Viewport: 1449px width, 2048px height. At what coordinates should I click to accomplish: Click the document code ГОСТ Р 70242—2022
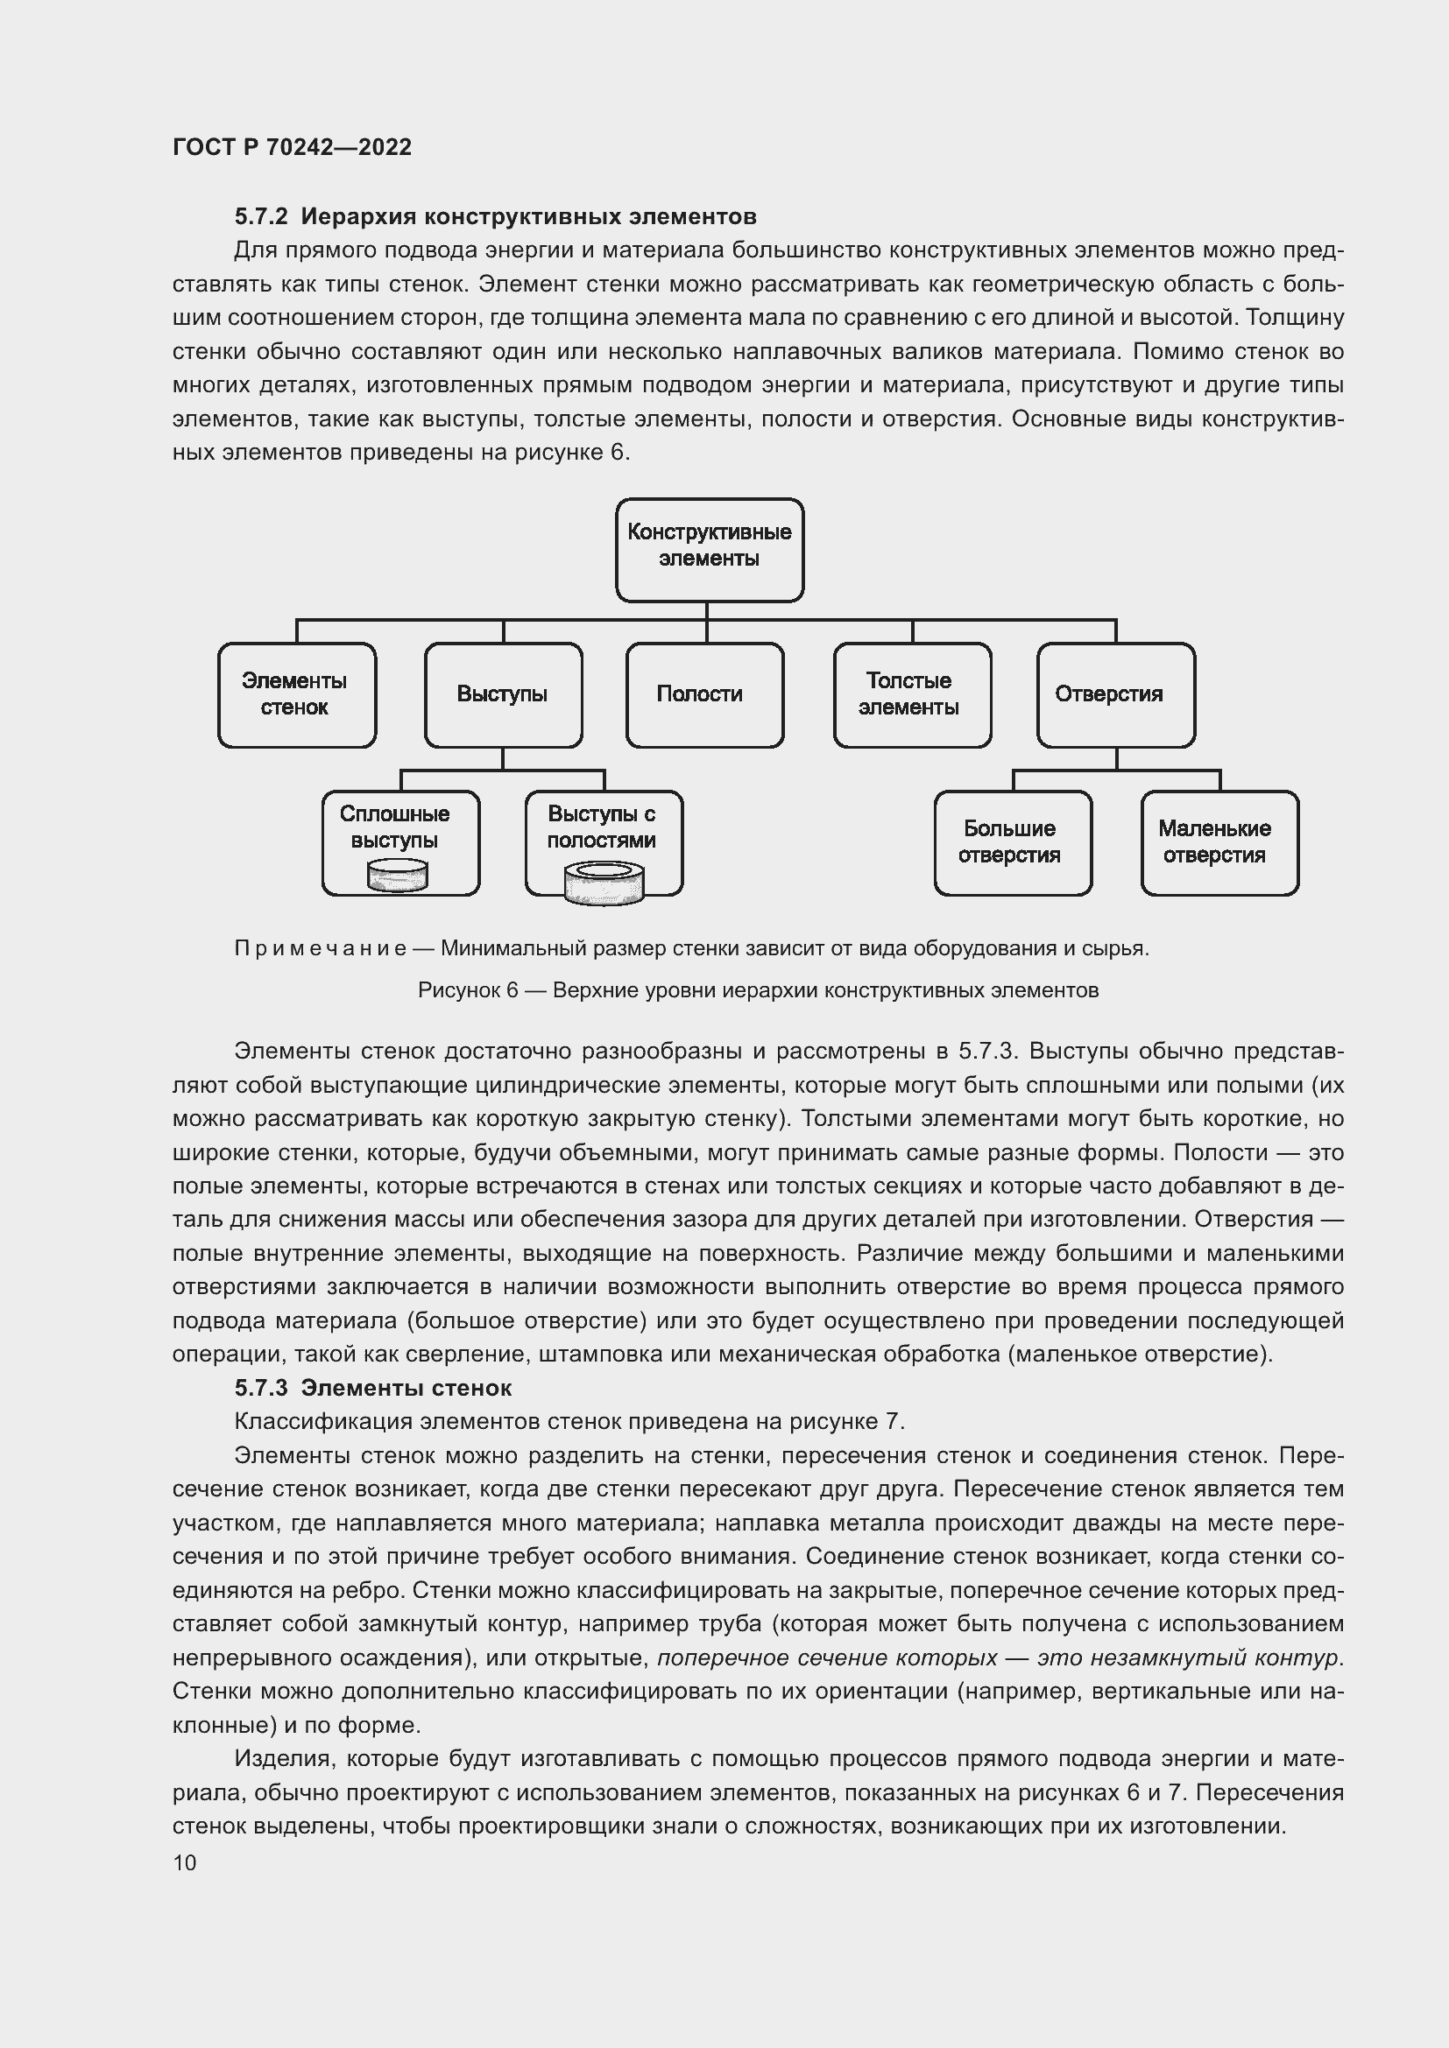click(292, 147)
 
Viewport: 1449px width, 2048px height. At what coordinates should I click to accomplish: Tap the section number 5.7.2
click(260, 217)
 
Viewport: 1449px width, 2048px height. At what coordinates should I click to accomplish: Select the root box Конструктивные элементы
click(710, 550)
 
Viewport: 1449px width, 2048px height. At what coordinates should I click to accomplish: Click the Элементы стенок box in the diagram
click(296, 695)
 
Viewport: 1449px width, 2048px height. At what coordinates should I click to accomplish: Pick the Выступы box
click(503, 695)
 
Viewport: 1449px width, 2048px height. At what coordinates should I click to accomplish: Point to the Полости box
click(704, 695)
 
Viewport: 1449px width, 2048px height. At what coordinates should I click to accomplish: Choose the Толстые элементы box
click(912, 695)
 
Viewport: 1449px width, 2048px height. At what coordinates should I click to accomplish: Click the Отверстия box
click(1115, 695)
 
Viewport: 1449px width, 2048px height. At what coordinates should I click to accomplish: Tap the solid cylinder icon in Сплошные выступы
click(397, 875)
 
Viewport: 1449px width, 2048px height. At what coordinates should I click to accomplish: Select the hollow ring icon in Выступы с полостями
click(604, 883)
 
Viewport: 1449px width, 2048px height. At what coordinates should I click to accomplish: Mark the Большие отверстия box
click(1013, 843)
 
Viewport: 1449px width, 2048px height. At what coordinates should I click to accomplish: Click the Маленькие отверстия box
click(1219, 843)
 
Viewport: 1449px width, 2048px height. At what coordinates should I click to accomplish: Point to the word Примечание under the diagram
click(321, 948)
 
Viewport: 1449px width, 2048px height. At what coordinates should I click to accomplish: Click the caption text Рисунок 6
click(468, 990)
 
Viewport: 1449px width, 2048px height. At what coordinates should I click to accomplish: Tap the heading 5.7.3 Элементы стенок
click(373, 1388)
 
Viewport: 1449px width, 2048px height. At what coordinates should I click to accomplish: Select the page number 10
click(185, 1862)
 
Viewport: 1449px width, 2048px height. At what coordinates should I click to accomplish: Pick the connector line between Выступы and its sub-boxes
click(503, 769)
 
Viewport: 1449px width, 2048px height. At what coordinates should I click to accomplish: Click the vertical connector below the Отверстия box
click(1116, 759)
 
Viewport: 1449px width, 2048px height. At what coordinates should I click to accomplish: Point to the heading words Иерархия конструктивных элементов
click(528, 217)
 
